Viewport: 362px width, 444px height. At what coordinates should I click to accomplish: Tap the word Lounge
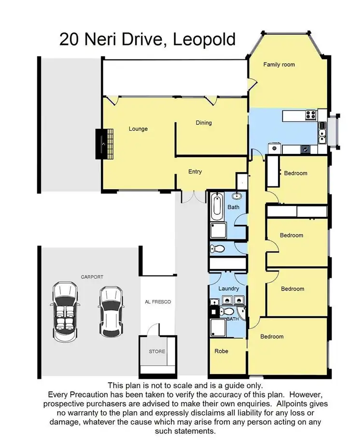138,129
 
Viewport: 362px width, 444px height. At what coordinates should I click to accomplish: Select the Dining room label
204,123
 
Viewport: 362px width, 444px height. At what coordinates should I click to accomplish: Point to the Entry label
195,171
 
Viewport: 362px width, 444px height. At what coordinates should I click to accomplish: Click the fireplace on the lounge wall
105,143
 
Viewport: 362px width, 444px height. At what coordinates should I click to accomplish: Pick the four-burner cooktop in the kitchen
310,115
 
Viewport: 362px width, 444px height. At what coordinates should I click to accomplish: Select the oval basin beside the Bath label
237,196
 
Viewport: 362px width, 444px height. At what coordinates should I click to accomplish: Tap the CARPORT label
92,277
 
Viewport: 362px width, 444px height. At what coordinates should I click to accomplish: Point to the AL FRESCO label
158,302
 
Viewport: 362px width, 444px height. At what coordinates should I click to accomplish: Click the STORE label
157,351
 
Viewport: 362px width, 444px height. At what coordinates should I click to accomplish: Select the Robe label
222,351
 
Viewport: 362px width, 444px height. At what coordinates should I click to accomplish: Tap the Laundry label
228,289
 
